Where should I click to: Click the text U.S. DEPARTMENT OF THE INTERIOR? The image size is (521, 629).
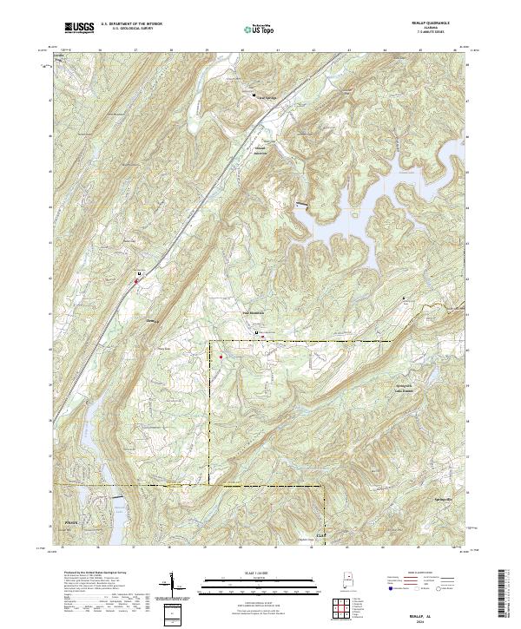(130, 25)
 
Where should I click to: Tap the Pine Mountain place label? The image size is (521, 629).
(251, 312)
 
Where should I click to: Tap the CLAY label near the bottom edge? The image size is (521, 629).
(321, 535)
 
